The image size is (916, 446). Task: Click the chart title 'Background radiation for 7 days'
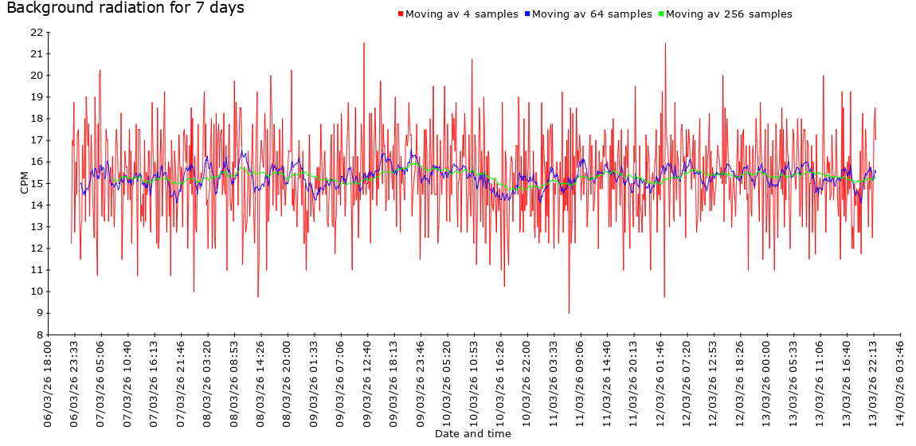pos(125,9)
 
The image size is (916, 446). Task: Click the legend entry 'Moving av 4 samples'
pos(461,14)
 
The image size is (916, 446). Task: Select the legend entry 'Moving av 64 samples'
pos(591,14)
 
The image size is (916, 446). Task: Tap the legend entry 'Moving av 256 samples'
pos(728,14)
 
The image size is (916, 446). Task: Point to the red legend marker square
pos(401,14)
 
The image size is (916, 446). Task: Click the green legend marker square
pos(661,14)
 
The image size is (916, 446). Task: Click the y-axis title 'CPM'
pos(24,183)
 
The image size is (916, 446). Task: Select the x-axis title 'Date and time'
pos(473,434)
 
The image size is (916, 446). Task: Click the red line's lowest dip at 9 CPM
pos(569,313)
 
